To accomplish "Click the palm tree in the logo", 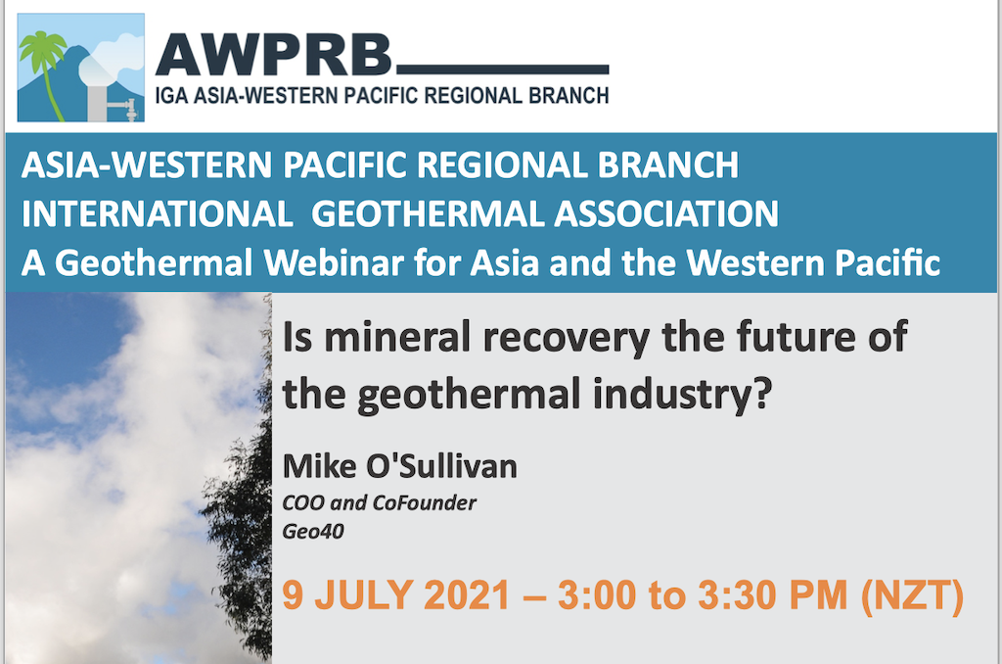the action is click(x=43, y=71).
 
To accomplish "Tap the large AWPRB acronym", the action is click(x=273, y=56).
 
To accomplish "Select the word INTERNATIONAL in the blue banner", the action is click(x=158, y=213).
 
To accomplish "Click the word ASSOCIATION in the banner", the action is click(x=665, y=213).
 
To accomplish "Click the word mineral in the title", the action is click(x=397, y=337).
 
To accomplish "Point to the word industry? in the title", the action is click(x=682, y=394).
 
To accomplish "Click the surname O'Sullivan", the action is click(x=441, y=466).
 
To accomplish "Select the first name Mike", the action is click(x=319, y=466).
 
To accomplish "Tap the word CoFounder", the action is click(x=425, y=502).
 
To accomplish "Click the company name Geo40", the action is click(x=313, y=531).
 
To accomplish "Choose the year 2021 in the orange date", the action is click(x=467, y=594).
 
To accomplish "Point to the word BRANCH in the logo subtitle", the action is click(x=569, y=95).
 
